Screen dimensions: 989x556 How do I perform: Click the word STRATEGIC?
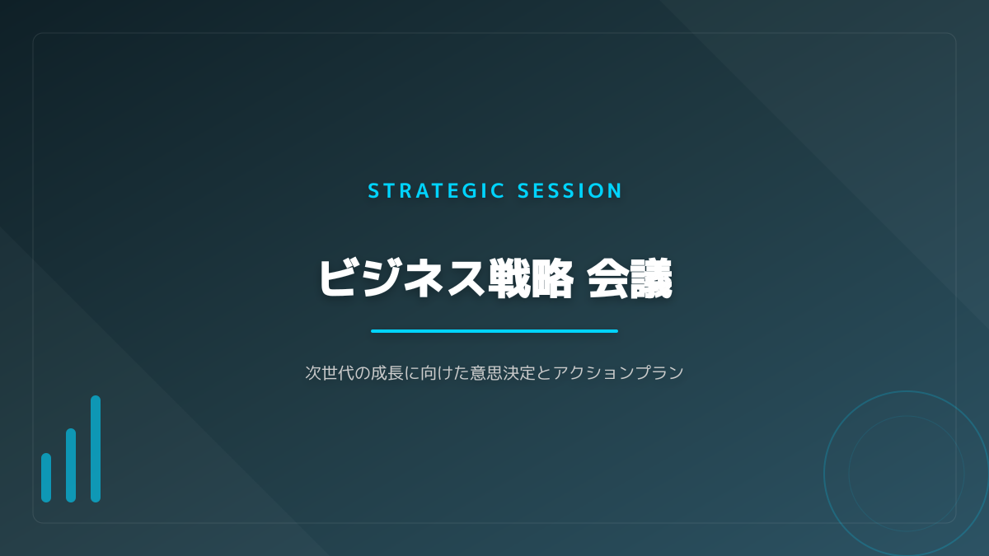pyautogui.click(x=436, y=190)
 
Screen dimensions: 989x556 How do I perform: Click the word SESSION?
pyautogui.click(x=569, y=190)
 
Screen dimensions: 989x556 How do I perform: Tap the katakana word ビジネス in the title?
pyautogui.click(x=402, y=278)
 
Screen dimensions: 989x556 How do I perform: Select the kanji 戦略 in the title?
pyautogui.click(x=531, y=278)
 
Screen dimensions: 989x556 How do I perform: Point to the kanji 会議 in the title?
pyautogui.click(x=630, y=278)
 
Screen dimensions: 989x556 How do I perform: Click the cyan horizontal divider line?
pyautogui.click(x=494, y=331)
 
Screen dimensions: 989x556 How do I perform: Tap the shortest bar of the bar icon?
pyautogui.click(x=46, y=478)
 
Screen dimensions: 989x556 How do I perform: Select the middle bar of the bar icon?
pyautogui.click(x=71, y=465)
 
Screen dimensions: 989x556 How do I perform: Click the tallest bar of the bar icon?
pyautogui.click(x=96, y=449)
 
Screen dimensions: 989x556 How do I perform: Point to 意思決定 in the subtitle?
pyautogui.click(x=503, y=373)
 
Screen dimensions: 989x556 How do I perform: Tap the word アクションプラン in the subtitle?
pyautogui.click(x=618, y=373)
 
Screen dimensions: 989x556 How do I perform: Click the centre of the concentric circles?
pyautogui.click(x=907, y=474)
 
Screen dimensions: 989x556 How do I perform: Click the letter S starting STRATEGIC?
pyautogui.click(x=373, y=190)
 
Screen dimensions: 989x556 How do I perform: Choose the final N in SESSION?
pyautogui.click(x=615, y=190)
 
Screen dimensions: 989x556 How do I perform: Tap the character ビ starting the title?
pyautogui.click(x=338, y=278)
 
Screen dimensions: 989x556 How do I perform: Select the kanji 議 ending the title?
pyautogui.click(x=651, y=278)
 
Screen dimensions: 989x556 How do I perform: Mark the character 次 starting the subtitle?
pyautogui.click(x=313, y=373)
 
